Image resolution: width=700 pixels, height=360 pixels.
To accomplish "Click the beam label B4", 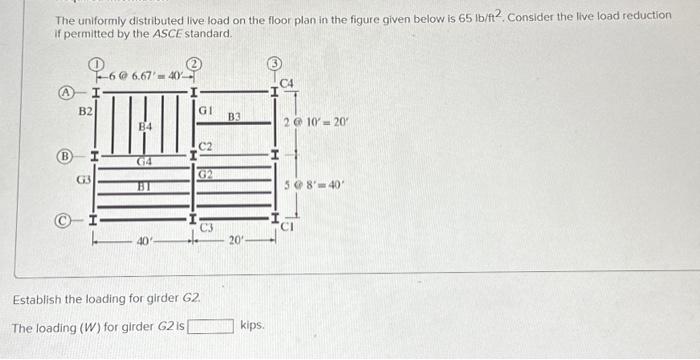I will point(145,127).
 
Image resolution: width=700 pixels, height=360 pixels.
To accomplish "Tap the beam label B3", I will point(234,117).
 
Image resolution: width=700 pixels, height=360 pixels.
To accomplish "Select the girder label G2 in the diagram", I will point(204,174).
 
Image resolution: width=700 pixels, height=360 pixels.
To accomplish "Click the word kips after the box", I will point(252,325).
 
